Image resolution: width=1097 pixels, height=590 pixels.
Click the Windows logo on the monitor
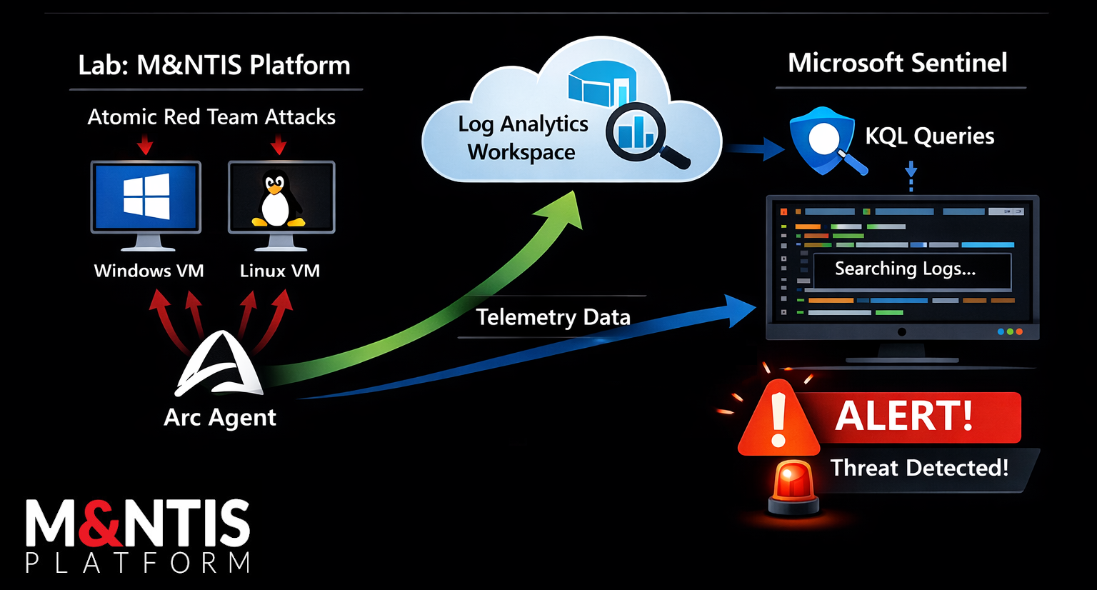146,195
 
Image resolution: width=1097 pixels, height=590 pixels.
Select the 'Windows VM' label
149,271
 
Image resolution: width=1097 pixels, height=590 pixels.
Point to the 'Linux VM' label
279,271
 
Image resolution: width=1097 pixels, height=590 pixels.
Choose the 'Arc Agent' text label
219,417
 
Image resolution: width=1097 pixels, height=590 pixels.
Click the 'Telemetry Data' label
553,317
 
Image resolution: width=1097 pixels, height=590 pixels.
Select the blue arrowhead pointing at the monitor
739,309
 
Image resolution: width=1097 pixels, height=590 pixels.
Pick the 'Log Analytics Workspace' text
523,138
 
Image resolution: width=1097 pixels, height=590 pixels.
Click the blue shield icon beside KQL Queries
822,140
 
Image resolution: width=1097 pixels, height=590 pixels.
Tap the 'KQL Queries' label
929,136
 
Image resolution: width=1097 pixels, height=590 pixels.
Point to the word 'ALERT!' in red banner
903,416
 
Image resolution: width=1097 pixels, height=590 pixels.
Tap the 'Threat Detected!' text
919,468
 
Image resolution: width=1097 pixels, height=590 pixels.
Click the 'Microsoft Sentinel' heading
897,63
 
